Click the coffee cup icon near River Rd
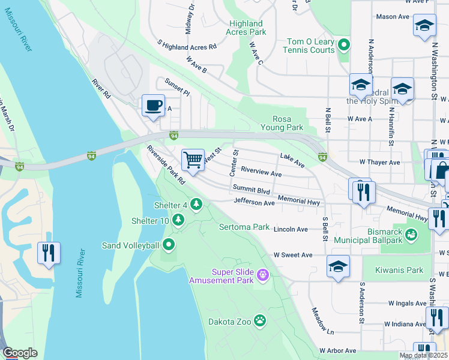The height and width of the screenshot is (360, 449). pos(153,106)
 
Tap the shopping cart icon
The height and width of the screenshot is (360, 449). pos(193,160)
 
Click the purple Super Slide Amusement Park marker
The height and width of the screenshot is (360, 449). pos(262,275)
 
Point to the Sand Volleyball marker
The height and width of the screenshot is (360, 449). pos(169,245)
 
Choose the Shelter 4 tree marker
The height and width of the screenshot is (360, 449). pos(196,205)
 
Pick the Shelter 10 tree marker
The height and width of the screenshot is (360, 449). pos(178,221)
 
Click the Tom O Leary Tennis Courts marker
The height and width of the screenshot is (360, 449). pos(344,45)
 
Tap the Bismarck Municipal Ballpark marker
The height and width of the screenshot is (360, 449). pos(411,235)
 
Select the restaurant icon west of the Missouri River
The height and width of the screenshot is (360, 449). pos(49,252)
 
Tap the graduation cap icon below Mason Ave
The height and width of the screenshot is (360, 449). pos(424,26)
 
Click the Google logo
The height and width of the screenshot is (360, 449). pos(20,352)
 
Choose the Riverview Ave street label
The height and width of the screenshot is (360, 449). pos(261,173)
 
